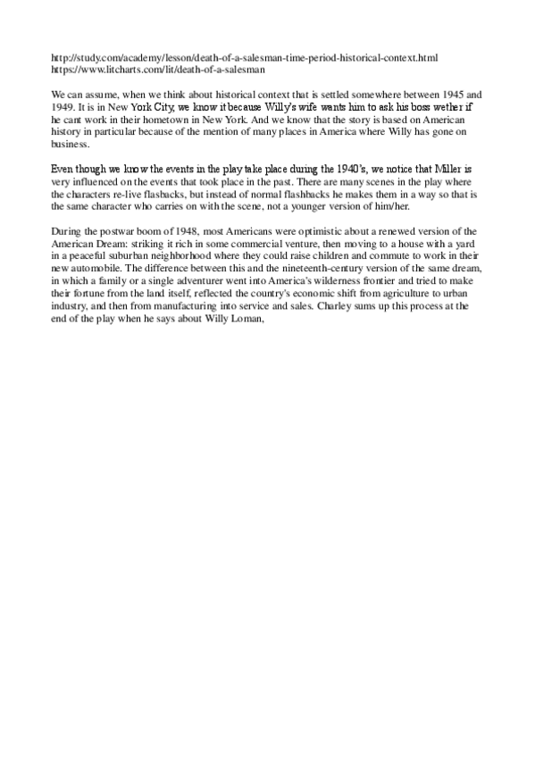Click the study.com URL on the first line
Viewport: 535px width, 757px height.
245,57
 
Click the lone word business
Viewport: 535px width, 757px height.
71,142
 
